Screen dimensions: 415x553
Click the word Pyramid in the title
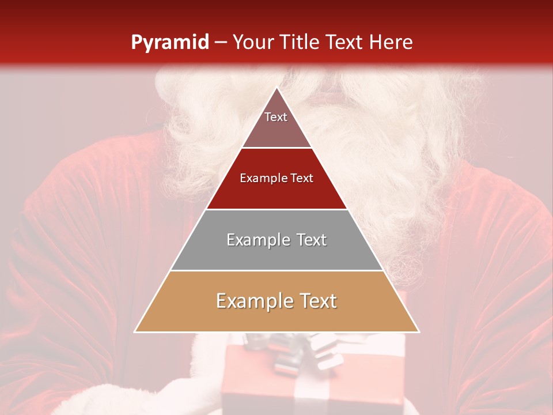(x=169, y=42)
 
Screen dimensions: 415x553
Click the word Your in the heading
(x=253, y=42)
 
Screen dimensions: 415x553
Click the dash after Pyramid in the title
(x=221, y=43)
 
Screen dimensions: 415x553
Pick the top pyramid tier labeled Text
(x=276, y=124)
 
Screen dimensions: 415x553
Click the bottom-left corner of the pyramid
(x=135, y=331)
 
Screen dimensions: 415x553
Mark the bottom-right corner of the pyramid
(x=419, y=331)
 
